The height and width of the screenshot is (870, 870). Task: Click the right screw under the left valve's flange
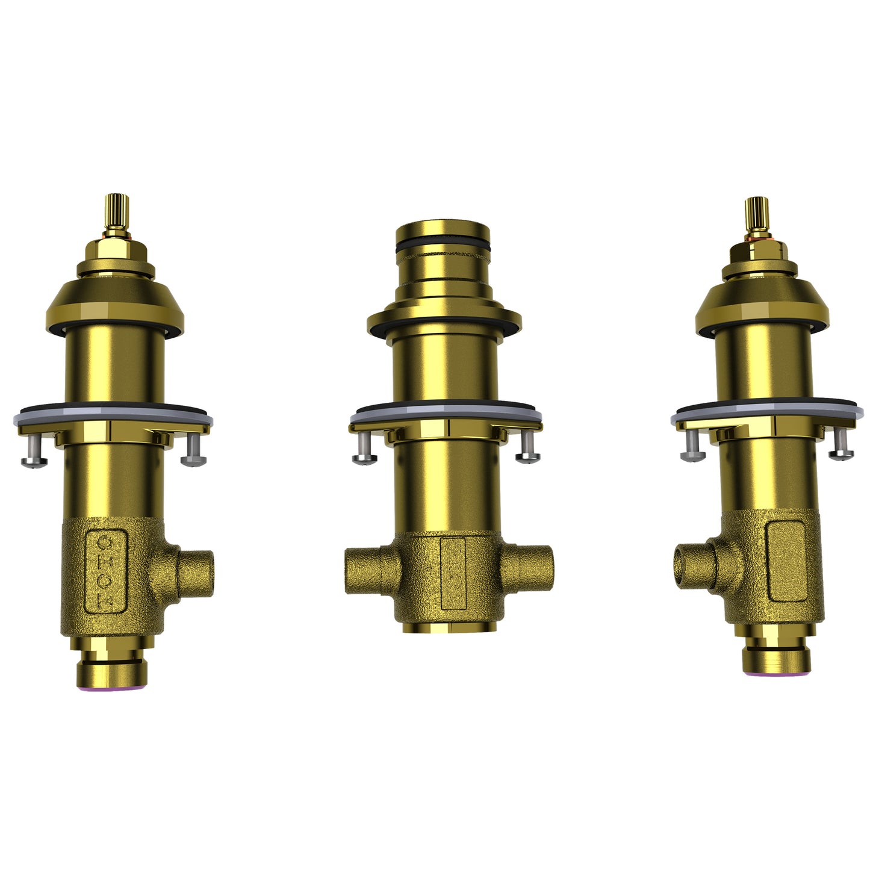pyautogui.click(x=193, y=452)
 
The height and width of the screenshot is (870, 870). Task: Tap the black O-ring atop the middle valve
pyautogui.click(x=443, y=247)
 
